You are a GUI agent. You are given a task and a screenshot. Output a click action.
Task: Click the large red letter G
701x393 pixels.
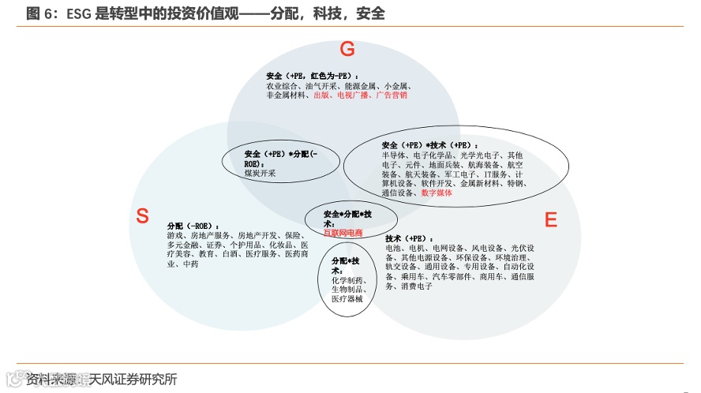point(347,50)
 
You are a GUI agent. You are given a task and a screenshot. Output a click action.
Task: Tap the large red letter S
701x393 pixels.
point(142,216)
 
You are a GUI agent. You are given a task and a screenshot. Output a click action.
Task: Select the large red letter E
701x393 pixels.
point(551,219)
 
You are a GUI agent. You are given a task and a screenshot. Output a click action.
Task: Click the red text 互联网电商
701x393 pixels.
point(343,234)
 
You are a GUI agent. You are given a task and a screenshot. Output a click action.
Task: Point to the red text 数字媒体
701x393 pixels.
point(437,193)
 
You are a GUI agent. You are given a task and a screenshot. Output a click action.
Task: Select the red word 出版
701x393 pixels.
point(321,95)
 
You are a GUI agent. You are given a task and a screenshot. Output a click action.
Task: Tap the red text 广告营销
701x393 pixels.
point(392,95)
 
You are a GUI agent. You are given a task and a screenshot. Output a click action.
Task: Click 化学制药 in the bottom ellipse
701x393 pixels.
point(347,280)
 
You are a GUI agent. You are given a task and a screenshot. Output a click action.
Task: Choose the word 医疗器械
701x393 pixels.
point(347,299)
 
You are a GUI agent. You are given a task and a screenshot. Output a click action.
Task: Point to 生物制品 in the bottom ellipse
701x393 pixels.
point(347,290)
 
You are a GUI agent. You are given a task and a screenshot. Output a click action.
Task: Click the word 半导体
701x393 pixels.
point(392,155)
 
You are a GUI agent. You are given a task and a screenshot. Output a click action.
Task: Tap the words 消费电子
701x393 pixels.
point(415,286)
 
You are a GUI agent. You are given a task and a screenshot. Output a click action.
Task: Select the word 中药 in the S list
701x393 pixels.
point(190,264)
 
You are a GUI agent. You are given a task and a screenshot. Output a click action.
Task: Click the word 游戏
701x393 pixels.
point(175,235)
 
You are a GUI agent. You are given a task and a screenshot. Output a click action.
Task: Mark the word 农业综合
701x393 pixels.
point(282,85)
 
